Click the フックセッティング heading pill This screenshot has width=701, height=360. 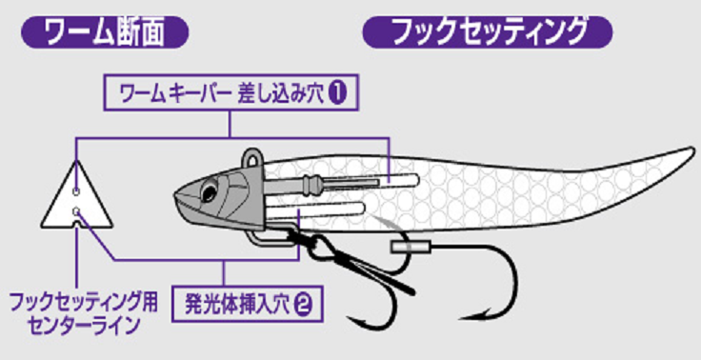(x=487, y=31)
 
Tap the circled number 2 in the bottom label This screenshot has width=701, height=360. (x=303, y=307)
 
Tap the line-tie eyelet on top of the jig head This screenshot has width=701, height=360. (x=252, y=155)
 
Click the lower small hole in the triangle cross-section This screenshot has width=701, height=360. (x=75, y=209)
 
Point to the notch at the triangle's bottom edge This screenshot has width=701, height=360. (x=75, y=225)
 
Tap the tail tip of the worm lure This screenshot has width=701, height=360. (x=693, y=150)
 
